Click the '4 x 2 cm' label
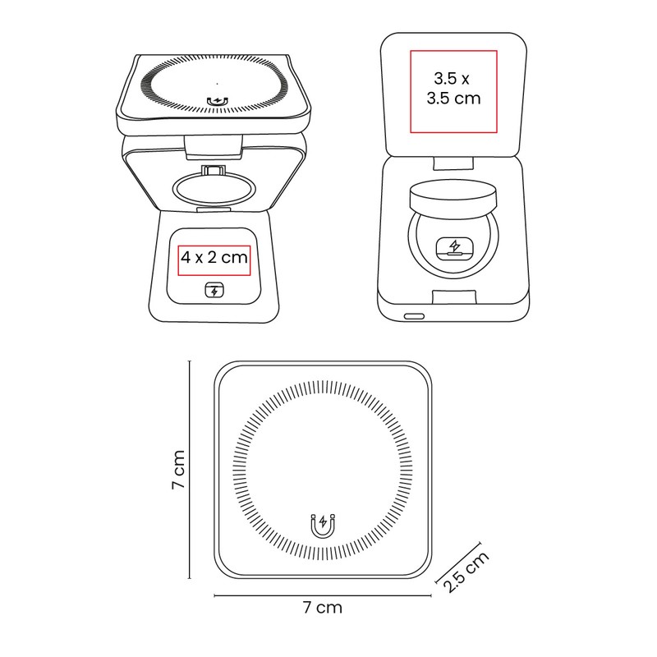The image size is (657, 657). (x=214, y=257)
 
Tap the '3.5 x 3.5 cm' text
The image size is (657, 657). (x=453, y=89)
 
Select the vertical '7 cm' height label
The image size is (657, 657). (x=178, y=470)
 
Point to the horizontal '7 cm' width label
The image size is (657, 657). (x=323, y=607)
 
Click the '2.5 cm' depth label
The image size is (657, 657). (x=466, y=572)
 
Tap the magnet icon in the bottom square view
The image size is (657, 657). (x=323, y=526)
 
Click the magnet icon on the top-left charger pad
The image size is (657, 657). (x=218, y=101)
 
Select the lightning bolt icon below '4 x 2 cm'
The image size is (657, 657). (x=214, y=290)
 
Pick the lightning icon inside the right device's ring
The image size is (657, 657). (x=454, y=247)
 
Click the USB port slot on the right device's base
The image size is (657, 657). (x=414, y=316)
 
